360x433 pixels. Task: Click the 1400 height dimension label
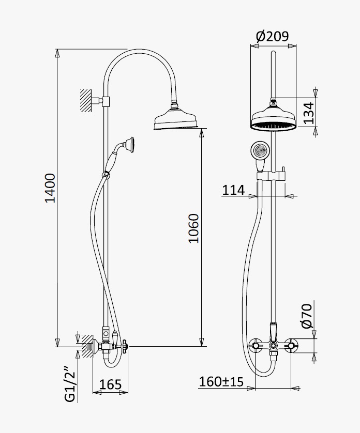click(51, 188)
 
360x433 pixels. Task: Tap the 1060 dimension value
click(194, 228)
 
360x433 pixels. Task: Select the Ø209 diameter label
click(273, 37)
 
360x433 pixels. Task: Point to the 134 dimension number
click(309, 113)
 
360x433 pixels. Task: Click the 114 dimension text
click(233, 190)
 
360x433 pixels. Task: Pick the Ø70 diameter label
click(307, 316)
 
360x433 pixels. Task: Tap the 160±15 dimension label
click(221, 382)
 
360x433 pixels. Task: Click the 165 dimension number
click(110, 384)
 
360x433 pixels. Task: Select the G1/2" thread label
click(70, 384)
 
